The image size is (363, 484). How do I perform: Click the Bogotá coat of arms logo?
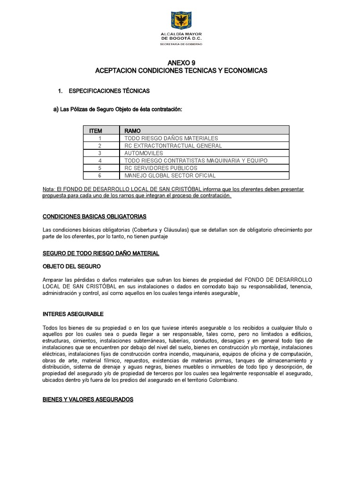point(181,21)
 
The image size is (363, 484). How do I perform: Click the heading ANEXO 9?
point(181,62)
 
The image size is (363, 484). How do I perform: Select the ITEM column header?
point(96,130)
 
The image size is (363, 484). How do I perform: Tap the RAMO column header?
point(133,130)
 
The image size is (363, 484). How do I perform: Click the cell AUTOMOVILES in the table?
point(144,153)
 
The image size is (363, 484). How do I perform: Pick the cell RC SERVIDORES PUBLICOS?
point(161,168)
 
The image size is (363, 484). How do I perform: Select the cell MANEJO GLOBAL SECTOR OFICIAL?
point(170,176)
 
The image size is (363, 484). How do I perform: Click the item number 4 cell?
point(100,161)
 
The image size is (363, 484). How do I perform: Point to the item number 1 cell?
point(100,138)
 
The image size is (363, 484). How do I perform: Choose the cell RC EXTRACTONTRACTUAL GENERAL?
point(173,146)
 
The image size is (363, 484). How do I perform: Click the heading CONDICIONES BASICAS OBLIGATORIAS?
point(95,216)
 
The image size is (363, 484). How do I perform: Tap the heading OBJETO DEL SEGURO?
point(71,266)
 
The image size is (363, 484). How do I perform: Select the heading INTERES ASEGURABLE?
point(73,314)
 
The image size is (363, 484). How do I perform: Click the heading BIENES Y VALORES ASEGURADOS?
point(88,399)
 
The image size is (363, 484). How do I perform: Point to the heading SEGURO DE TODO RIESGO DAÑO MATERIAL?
point(101,253)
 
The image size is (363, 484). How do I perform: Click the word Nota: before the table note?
point(49,189)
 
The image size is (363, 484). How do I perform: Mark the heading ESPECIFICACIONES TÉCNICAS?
point(109,90)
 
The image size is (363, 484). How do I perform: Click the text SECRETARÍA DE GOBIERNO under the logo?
point(181,44)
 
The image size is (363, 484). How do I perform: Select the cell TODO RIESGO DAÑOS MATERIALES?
point(171,138)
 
